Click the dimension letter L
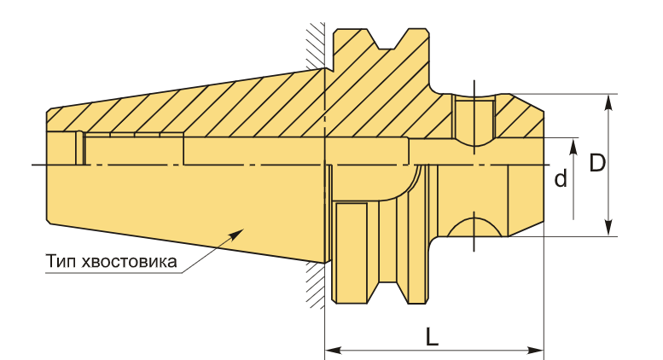[432, 336]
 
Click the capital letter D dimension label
[597, 163]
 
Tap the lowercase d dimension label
[561, 179]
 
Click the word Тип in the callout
[61, 261]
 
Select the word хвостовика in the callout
[129, 262]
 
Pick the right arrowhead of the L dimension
[535, 351]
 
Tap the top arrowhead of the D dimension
[608, 102]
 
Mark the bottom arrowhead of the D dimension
[608, 228]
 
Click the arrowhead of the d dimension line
[573, 147]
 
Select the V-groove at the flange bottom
[387, 293]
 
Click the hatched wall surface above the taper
[316, 45]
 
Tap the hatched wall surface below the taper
[316, 285]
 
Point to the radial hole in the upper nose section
[474, 120]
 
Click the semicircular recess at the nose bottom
[474, 226]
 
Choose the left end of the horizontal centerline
[32, 165]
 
